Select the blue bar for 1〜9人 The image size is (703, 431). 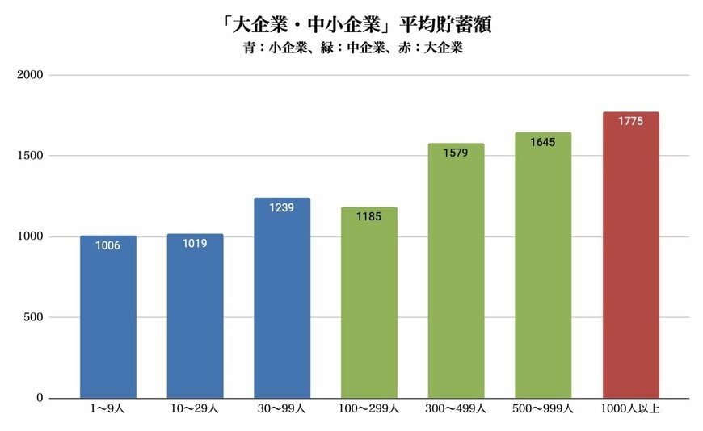pyautogui.click(x=108, y=323)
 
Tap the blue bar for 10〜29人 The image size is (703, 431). pyautogui.click(x=195, y=323)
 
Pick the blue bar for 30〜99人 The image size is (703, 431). pyautogui.click(x=282, y=307)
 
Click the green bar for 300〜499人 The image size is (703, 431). pyautogui.click(x=456, y=274)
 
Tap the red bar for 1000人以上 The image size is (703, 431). pyautogui.click(x=630, y=258)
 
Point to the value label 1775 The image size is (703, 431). pyautogui.click(x=630, y=121)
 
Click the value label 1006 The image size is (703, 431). pyautogui.click(x=108, y=245)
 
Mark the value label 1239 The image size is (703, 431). pyautogui.click(x=282, y=207)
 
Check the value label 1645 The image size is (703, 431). pyautogui.click(x=543, y=142)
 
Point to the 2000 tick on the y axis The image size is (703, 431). pyautogui.click(x=31, y=75)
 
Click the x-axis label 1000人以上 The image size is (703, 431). pyautogui.click(x=630, y=409)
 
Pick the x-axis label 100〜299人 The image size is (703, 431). pyautogui.click(x=369, y=409)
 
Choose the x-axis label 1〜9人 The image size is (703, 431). pyautogui.click(x=108, y=409)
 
